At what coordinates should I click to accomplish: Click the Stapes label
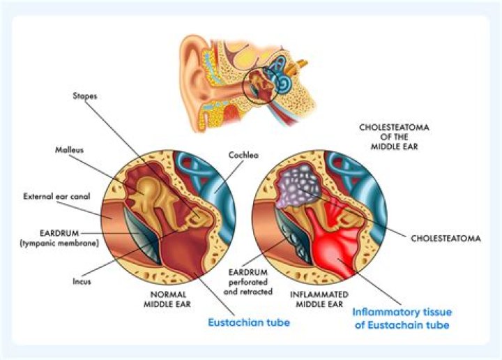pos(85,96)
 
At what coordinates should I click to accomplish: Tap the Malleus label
pos(69,150)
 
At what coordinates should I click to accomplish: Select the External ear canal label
pos(56,196)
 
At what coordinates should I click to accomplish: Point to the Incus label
pos(82,282)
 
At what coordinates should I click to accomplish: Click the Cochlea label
pos(243,155)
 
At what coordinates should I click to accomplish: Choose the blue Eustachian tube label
pos(249,322)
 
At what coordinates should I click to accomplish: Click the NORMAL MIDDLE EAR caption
pos(167,299)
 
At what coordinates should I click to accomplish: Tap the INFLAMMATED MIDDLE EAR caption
pos(319,299)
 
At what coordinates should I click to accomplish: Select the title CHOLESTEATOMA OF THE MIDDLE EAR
pos(394,137)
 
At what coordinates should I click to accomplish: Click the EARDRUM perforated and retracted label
pos(248,282)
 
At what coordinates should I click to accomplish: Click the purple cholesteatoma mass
pos(298,186)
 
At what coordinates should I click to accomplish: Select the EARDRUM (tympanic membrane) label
pos(59,238)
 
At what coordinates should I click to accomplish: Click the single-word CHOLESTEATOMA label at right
pos(446,239)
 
